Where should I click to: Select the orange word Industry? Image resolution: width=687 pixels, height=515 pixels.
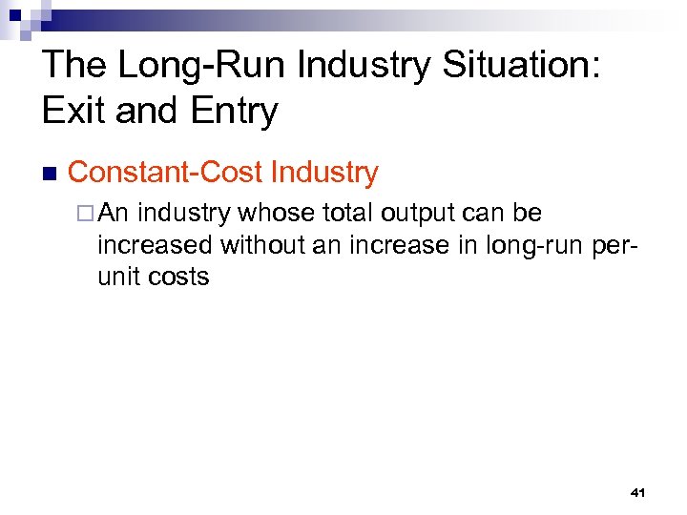[x=324, y=173]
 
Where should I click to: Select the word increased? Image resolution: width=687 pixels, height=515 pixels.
[x=156, y=245]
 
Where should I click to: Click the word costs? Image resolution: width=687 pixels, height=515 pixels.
[x=178, y=278]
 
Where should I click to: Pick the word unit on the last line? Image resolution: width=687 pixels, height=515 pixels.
[x=119, y=278]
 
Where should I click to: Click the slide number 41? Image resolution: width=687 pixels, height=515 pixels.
[x=638, y=492]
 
